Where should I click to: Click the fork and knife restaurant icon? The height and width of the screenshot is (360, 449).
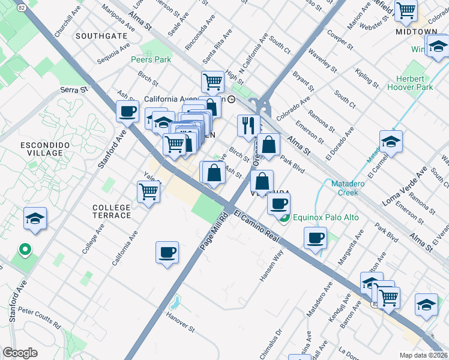(249, 126)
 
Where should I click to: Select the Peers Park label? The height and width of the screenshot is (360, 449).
(151, 59)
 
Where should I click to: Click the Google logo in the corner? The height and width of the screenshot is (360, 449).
(20, 353)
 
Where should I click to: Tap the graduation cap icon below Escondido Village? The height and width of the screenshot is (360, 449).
(35, 219)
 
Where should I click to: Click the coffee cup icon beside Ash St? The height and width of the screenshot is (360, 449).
(128, 111)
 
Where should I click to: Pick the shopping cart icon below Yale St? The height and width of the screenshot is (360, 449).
(148, 193)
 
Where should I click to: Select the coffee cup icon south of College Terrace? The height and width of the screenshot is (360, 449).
(167, 252)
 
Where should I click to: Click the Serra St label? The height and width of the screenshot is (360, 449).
(74, 89)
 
